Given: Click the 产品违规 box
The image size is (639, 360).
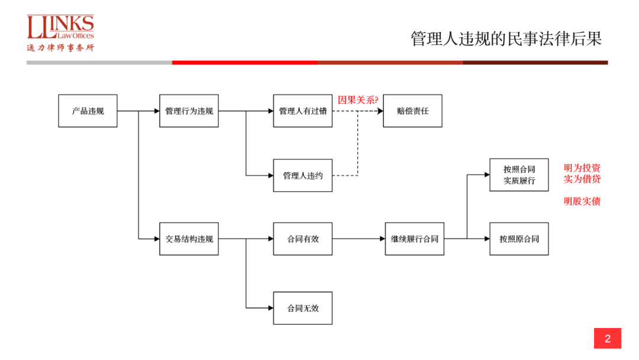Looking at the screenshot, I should pyautogui.click(x=88, y=111).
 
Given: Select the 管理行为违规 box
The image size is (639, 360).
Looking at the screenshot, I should pyautogui.click(x=189, y=111).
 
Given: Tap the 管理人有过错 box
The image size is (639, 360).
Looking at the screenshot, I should pyautogui.click(x=302, y=111).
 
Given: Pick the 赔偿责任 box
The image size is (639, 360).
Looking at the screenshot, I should pyautogui.click(x=412, y=111).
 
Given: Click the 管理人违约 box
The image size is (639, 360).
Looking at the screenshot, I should pyautogui.click(x=302, y=175).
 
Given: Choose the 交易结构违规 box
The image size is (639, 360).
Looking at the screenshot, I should pyautogui.click(x=189, y=239).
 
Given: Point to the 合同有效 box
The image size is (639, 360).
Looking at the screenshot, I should pyautogui.click(x=302, y=239).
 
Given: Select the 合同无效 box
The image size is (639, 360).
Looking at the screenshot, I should pyautogui.click(x=302, y=308).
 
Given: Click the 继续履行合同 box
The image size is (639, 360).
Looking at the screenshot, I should pyautogui.click(x=414, y=239).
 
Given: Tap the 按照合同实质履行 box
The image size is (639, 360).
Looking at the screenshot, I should pyautogui.click(x=519, y=175).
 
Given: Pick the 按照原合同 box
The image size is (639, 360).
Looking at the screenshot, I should pyautogui.click(x=519, y=239).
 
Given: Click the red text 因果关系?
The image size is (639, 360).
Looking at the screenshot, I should pyautogui.click(x=357, y=99).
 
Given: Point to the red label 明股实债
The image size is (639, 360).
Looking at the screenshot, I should pyautogui.click(x=582, y=201).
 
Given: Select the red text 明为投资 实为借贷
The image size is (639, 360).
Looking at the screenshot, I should pyautogui.click(x=582, y=173).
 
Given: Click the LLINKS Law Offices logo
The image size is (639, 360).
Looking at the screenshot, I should pyautogui.click(x=60, y=33).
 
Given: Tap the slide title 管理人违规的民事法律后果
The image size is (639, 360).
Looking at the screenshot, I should pyautogui.click(x=506, y=39).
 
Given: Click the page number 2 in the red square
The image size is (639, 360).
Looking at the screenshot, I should pyautogui.click(x=607, y=339).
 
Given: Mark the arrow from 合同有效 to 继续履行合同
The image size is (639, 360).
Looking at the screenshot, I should pyautogui.click(x=359, y=239).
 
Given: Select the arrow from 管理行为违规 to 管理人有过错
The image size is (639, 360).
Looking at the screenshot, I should pyautogui.click(x=246, y=111).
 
